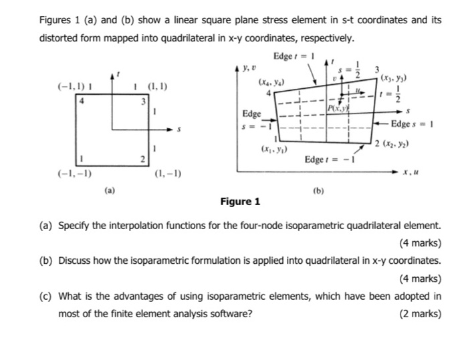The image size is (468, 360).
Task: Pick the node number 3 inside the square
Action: tap(140, 102)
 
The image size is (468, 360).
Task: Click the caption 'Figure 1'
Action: tap(239, 201)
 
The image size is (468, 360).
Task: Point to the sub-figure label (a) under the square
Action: tap(110, 190)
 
